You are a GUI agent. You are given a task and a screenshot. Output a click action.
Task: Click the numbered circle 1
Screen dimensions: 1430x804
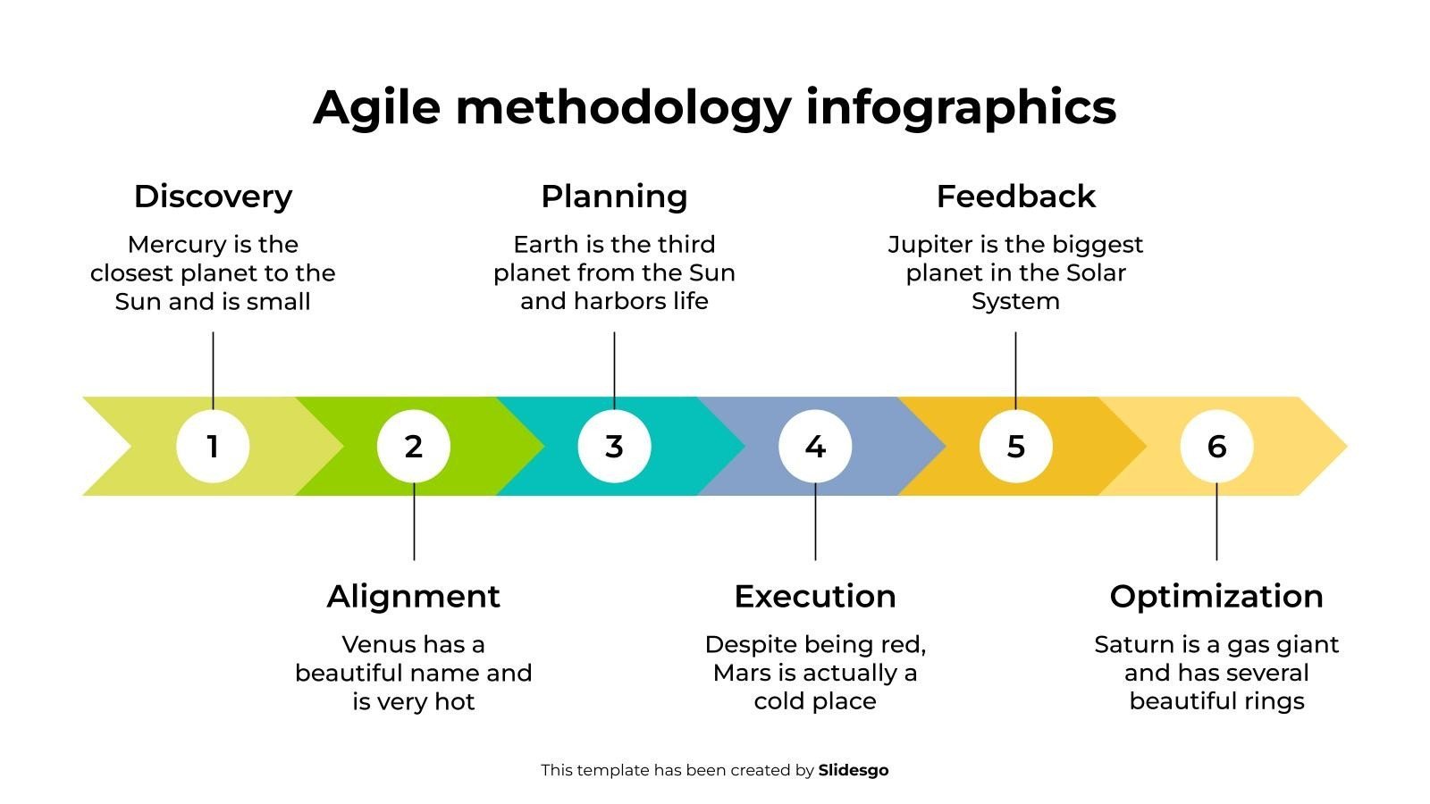coord(213,446)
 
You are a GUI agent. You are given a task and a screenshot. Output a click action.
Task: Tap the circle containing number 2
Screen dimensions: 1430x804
coord(414,446)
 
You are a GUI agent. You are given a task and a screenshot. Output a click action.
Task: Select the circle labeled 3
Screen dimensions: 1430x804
coord(614,446)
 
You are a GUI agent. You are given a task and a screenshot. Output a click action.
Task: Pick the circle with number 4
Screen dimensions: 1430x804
coord(815,446)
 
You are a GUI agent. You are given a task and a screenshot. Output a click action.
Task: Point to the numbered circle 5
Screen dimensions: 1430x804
coord(1015,446)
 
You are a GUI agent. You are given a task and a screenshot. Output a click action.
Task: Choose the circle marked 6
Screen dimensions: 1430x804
coord(1216,446)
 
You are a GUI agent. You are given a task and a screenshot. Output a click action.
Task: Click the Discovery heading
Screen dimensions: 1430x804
coord(213,197)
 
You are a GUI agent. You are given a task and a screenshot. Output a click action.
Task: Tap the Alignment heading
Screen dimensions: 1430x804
coord(414,598)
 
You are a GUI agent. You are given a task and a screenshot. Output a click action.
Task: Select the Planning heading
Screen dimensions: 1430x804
coord(614,197)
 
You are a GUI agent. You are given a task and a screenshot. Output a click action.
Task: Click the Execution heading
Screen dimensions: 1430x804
coord(815,597)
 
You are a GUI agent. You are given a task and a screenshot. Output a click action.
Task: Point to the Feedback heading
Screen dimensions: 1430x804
coord(1015,196)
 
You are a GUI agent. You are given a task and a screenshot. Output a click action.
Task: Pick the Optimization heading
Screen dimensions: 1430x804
coord(1216,598)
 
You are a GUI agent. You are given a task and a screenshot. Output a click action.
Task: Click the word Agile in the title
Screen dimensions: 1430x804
coord(376,108)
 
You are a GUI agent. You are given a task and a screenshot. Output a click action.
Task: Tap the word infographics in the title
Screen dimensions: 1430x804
coord(961,108)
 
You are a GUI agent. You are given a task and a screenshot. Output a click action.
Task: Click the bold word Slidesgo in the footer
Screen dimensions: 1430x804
coord(853,771)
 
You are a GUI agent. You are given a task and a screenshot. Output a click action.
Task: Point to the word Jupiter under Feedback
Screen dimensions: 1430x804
coord(929,246)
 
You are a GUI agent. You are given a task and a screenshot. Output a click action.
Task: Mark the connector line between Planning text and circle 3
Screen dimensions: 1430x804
coord(614,371)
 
